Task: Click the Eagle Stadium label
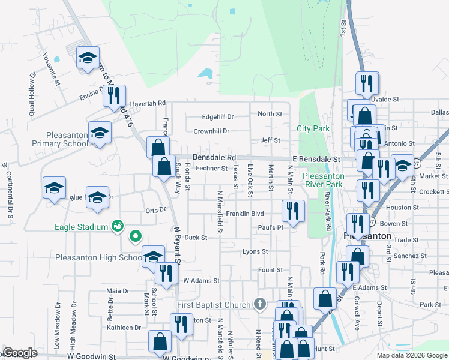point(81,227)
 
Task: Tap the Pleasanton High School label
point(98,258)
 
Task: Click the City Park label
point(313,129)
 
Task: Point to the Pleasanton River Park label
point(324,180)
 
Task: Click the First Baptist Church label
point(214,305)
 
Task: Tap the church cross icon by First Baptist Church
point(259,305)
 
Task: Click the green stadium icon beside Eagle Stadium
point(117,226)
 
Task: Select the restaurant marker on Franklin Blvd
point(293,210)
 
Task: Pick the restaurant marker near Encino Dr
point(114,95)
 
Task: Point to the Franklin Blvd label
point(245,214)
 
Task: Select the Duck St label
point(196,238)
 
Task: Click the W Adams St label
point(201,280)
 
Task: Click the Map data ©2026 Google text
point(411,355)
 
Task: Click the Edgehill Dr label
point(217,116)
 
